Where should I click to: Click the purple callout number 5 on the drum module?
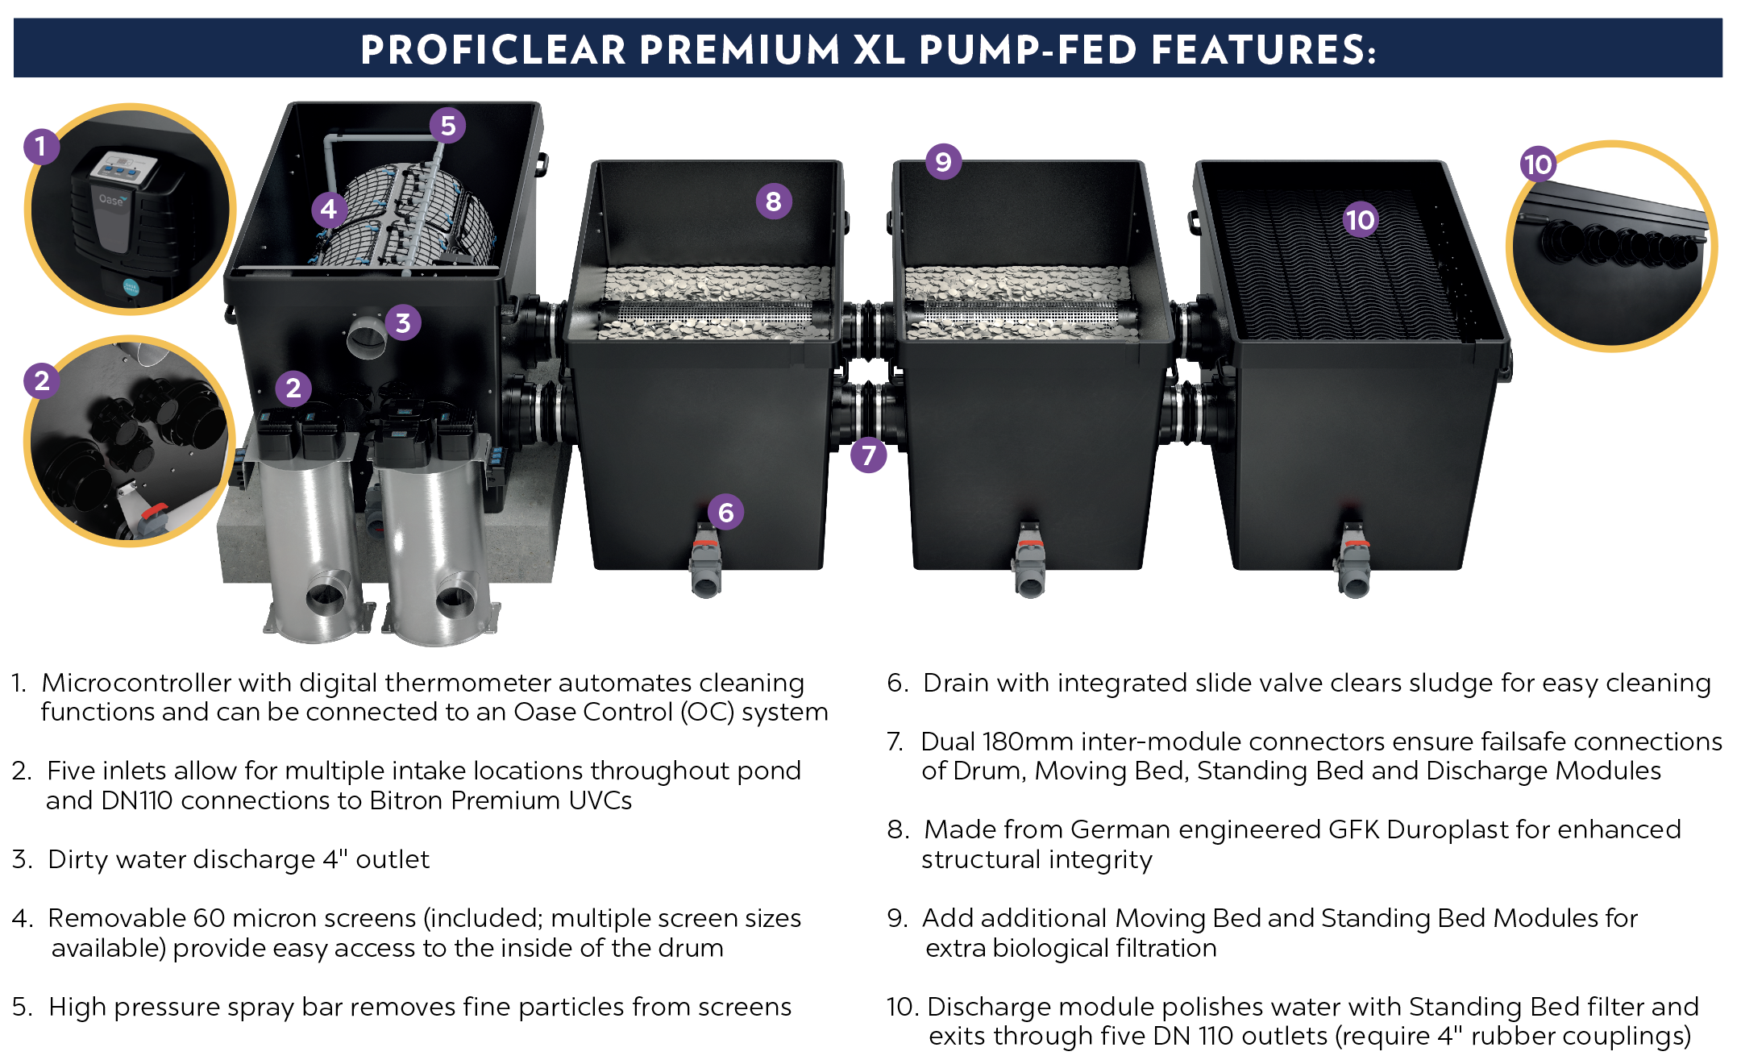447,126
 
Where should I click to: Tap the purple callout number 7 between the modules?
868,455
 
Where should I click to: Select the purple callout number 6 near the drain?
725,512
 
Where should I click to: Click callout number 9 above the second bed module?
943,162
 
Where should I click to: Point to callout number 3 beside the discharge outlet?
403,322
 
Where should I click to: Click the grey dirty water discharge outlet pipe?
367,337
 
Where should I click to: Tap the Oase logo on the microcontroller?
111,199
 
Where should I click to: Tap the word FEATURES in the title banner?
1261,50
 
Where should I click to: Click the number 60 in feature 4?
209,918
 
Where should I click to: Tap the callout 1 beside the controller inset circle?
40,147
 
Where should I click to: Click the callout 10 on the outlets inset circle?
1537,164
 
